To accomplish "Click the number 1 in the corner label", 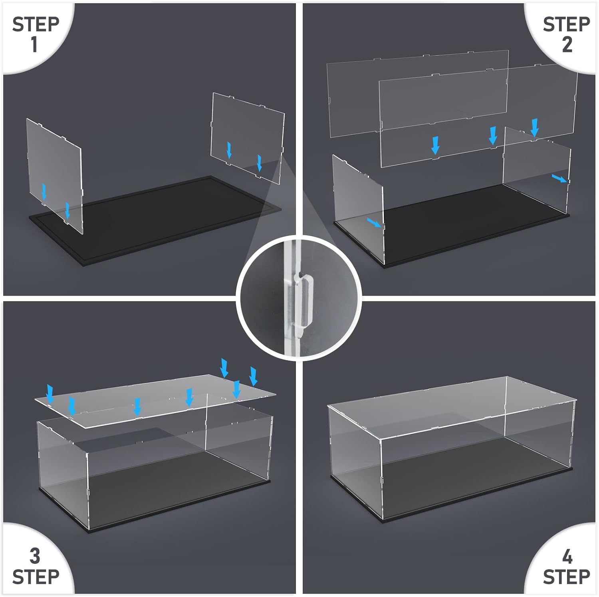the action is (x=35, y=44).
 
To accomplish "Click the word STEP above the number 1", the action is (x=36, y=24).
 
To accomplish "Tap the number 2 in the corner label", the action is (x=567, y=44).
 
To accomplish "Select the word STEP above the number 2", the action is (x=567, y=24).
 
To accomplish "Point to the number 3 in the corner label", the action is (x=35, y=556).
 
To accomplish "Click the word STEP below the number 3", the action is (x=36, y=577).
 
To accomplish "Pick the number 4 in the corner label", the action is (x=567, y=556).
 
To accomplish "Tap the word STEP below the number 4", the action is (x=567, y=577).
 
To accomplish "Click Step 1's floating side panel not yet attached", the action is (x=248, y=138).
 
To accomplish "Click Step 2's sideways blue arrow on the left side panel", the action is (x=375, y=223).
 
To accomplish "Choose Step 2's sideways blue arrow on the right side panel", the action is (x=559, y=178).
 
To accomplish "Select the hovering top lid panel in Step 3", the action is (x=156, y=401).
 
